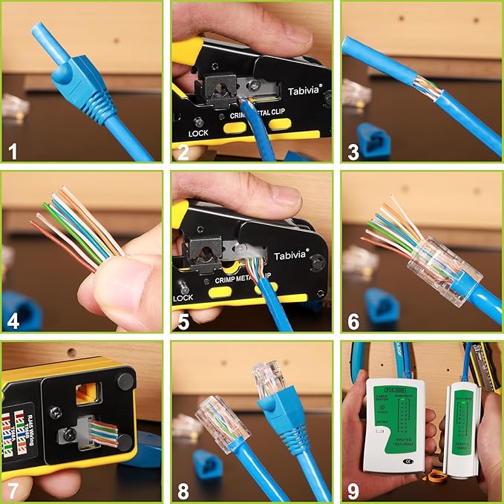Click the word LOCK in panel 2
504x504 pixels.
tap(198, 134)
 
